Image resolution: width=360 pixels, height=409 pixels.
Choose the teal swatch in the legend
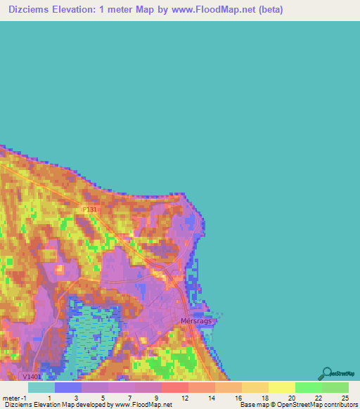pos(41,387)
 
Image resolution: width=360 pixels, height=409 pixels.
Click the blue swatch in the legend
pos(67,387)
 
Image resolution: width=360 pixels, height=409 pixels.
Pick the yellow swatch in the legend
pos(281,387)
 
